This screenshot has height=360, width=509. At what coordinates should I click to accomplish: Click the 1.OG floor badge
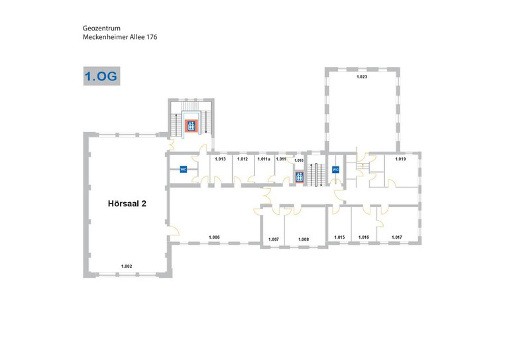(101, 76)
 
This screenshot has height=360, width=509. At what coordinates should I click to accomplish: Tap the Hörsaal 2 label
(127, 204)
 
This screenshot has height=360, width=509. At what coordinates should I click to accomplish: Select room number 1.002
(127, 266)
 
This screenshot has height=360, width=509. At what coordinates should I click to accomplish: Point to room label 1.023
(362, 77)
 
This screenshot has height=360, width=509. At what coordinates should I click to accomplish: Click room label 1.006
(214, 237)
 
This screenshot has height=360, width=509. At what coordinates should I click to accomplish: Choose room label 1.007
(274, 239)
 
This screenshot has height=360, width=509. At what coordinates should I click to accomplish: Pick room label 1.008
(304, 239)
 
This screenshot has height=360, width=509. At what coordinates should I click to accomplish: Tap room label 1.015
(339, 237)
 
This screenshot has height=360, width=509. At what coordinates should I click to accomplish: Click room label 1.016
(364, 237)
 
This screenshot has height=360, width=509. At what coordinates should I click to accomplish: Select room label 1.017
(397, 237)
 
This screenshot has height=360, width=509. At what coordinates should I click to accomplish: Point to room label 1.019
(400, 159)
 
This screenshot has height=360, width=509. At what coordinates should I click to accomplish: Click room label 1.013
(221, 159)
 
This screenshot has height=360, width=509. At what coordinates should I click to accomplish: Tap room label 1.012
(243, 159)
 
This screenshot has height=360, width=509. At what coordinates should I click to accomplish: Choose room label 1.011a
(264, 159)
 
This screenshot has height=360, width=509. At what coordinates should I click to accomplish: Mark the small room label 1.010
(299, 160)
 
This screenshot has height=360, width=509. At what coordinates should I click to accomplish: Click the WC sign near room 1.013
(184, 169)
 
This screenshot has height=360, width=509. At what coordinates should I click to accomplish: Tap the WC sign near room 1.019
(335, 170)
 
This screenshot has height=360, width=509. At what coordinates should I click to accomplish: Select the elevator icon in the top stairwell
(191, 125)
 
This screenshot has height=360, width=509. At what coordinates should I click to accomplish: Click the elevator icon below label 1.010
(300, 177)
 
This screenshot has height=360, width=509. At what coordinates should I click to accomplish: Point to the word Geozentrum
(101, 29)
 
